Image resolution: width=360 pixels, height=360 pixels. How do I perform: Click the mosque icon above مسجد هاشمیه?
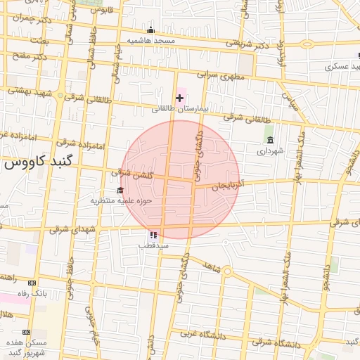pos(150,30)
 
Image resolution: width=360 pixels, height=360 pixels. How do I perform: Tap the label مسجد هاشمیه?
pos(150,40)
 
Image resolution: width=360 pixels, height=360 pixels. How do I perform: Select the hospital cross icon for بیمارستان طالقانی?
pos(179,98)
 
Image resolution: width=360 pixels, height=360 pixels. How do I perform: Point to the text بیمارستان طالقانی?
pos(179,109)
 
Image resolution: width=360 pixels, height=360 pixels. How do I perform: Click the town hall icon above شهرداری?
pos(270,139)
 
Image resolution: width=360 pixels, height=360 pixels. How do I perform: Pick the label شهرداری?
pos(270,150)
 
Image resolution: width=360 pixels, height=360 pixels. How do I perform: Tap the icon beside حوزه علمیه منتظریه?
pos(120,190)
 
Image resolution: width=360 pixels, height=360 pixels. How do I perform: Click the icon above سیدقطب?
pos(153,234)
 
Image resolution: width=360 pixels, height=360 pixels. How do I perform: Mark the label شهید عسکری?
pos(342,67)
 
